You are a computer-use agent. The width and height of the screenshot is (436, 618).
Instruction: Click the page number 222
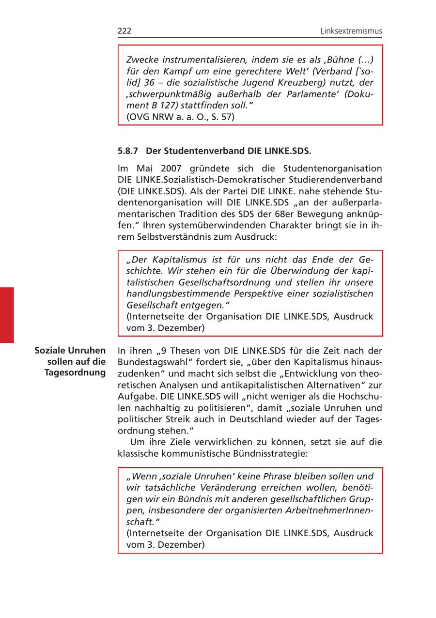[x=125, y=31]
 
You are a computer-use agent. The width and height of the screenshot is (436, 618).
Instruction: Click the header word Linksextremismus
[x=351, y=31]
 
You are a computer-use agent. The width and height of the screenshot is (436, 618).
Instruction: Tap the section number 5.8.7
[x=128, y=151]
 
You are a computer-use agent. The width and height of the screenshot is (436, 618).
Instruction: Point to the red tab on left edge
[x=7, y=315]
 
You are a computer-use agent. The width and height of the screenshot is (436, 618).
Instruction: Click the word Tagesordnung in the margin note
[x=75, y=372]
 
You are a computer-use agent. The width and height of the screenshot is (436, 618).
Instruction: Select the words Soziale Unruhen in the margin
[x=70, y=350]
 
